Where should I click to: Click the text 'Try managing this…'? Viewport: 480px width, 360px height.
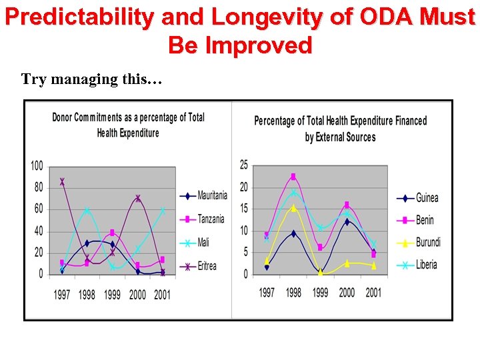click(x=91, y=79)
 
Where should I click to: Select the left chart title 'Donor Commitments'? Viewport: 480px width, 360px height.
click(x=129, y=125)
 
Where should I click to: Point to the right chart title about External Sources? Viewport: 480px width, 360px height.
click(x=340, y=129)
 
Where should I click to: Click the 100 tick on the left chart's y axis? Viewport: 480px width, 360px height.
click(x=37, y=165)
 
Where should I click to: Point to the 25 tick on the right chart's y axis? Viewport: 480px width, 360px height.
click(x=244, y=165)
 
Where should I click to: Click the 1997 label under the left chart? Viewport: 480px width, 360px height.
click(x=62, y=295)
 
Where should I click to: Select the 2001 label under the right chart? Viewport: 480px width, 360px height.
click(x=373, y=293)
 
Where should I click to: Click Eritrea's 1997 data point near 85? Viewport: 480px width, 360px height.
click(x=62, y=181)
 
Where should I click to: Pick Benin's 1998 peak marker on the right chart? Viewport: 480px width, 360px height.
click(x=293, y=177)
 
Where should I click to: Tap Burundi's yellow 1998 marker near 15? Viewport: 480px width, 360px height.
click(x=293, y=208)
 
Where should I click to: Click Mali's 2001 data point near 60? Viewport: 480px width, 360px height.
click(x=163, y=210)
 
